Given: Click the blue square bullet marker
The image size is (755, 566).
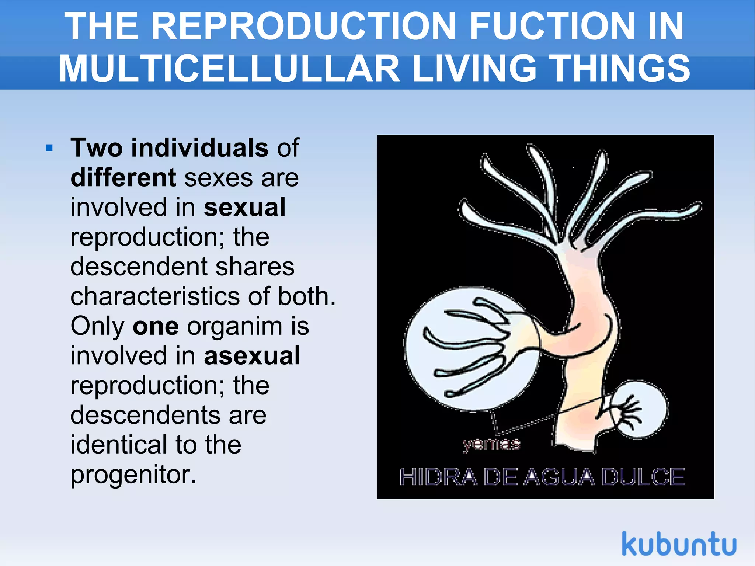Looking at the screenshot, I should pyautogui.click(x=49, y=149).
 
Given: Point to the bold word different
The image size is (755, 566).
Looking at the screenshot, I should pyautogui.click(x=123, y=178).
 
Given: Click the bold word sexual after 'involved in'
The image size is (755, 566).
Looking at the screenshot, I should pyautogui.click(x=244, y=207).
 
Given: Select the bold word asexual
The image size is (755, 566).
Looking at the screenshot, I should pyautogui.click(x=252, y=356).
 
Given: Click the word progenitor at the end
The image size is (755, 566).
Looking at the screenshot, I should pyautogui.click(x=133, y=475).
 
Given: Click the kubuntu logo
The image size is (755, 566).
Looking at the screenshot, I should pyautogui.click(x=679, y=544).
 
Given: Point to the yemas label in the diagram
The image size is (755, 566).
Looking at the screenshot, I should pyautogui.click(x=491, y=444).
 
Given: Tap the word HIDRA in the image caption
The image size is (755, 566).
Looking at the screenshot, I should pyautogui.click(x=438, y=477).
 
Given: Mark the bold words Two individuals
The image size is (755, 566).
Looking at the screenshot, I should pyautogui.click(x=169, y=148).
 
